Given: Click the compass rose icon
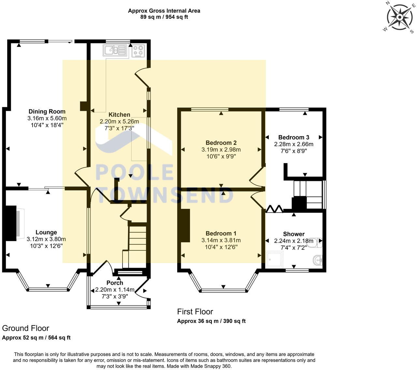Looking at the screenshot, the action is point(399,17).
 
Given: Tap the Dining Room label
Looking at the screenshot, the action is point(47,111).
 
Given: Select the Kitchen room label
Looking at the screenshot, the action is point(119,115).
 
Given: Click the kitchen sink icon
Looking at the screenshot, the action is point(115,50).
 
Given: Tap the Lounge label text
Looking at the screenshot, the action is point(46,232).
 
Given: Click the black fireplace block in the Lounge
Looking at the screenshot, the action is point(11,223).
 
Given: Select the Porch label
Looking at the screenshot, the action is point(115,283).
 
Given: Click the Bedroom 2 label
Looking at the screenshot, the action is point(221,143).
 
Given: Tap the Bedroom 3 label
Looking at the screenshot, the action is point(294,137).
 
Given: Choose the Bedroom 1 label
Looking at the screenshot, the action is point(221,233).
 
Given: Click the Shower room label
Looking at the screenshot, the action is point(294,234).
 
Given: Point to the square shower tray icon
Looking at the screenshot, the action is point(275,260).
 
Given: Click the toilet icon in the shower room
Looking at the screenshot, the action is point(315,243).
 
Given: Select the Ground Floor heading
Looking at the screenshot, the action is point(25,328).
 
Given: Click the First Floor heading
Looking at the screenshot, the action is point(195,312).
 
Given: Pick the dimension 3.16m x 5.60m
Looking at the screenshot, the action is point(47,118).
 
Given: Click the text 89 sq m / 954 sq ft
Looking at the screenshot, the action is point(164,17).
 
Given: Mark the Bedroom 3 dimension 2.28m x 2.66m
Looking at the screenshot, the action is point(294,144).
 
